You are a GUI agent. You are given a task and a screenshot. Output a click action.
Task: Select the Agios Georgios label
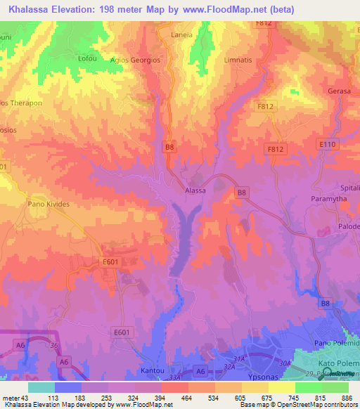(x=136, y=60)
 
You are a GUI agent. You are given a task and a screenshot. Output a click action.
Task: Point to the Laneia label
(x=181, y=34)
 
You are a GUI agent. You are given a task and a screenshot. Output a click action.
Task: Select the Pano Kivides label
(x=50, y=204)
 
